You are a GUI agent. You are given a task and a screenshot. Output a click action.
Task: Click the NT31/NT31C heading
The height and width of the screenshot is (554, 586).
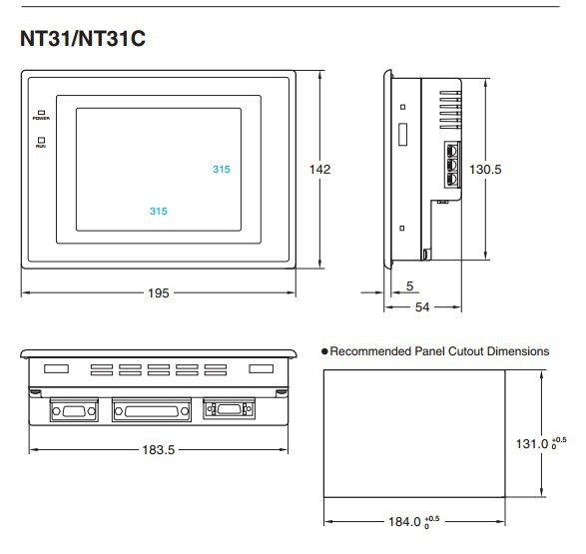[83, 39]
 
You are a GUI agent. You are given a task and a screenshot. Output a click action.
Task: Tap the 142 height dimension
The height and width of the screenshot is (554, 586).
[319, 170]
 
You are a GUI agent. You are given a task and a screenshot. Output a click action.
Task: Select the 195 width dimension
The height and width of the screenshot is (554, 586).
[159, 292]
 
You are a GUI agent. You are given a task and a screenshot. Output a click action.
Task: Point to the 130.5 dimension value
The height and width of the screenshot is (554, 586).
[485, 170]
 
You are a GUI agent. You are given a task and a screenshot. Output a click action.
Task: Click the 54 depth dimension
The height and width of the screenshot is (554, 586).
[422, 307]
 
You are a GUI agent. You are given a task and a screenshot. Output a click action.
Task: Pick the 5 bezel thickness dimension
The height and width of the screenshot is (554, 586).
[410, 286]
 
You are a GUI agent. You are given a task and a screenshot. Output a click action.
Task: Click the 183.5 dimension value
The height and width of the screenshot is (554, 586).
[159, 450]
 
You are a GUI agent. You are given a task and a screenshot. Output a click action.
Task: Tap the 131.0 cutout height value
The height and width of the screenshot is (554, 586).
[532, 444]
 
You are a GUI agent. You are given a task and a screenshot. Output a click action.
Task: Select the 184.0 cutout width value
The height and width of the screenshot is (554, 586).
[404, 521]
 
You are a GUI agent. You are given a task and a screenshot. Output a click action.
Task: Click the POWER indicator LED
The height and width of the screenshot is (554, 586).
[42, 112]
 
